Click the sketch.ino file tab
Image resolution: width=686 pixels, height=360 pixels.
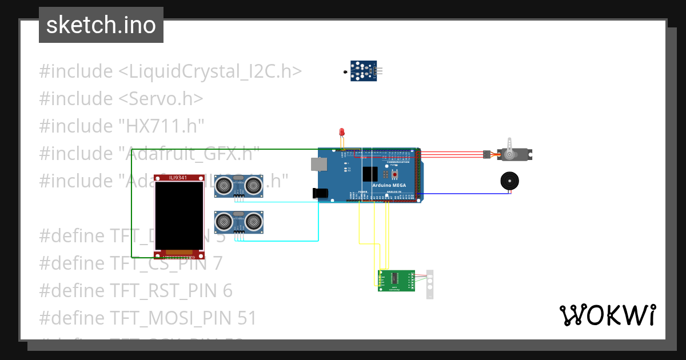click(x=101, y=25)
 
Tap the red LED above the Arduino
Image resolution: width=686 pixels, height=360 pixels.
click(x=342, y=132)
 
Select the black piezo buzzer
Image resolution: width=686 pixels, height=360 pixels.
click(x=509, y=181)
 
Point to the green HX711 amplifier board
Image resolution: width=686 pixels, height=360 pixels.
click(x=396, y=281)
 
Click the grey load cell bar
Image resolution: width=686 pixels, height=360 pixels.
click(x=430, y=284)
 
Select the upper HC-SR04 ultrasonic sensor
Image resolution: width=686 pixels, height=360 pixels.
click(x=238, y=186)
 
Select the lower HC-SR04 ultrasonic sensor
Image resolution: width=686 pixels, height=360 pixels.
click(x=238, y=222)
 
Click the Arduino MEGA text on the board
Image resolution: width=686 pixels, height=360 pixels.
click(x=389, y=185)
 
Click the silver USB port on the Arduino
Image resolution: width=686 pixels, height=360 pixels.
click(x=318, y=164)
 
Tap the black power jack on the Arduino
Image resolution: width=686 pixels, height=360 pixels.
click(x=322, y=194)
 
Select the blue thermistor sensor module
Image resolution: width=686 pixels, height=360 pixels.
click(x=364, y=71)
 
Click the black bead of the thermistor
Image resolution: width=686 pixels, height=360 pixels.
click(x=345, y=71)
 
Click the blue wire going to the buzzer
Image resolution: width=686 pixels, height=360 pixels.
click(x=463, y=194)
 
